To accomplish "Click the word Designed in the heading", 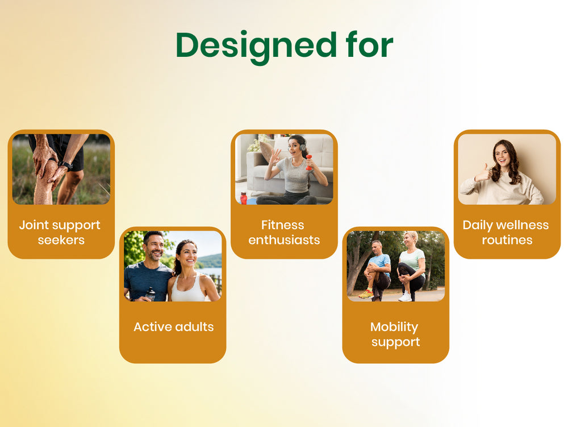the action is pos(257,47).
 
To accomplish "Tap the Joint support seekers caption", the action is pos(60,233).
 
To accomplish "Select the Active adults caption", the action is pos(173,326).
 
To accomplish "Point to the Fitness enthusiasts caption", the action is pos(284,233).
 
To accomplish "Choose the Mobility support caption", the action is pos(395,334).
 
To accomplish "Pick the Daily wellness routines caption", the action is pos(506,233).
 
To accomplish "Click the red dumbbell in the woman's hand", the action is pos(308,163).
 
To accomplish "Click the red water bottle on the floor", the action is pos(244,198).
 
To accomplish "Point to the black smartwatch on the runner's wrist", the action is pos(65,165).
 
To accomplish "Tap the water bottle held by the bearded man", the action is pos(150,294).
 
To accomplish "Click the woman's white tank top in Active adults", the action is pos(188,289).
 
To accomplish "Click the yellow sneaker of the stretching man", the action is pos(366,295).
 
